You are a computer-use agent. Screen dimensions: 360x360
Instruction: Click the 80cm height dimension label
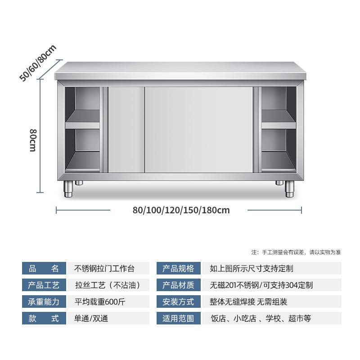[32, 140]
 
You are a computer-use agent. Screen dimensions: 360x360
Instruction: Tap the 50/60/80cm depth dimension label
[38, 63]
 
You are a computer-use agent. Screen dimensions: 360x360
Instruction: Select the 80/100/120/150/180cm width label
[181, 210]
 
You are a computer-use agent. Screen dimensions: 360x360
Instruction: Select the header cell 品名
[44, 269]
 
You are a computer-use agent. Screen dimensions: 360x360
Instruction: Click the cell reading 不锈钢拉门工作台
[104, 269]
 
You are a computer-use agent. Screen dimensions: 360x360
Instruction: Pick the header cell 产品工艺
[44, 285]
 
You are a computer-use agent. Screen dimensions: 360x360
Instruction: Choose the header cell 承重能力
[44, 302]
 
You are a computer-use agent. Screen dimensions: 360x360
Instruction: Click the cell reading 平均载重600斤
[99, 302]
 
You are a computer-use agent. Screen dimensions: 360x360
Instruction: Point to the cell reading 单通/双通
[91, 319]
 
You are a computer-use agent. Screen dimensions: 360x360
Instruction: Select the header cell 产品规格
[178, 269]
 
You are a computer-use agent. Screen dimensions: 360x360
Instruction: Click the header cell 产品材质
[178, 285]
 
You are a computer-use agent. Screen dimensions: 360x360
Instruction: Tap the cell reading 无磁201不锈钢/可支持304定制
[261, 285]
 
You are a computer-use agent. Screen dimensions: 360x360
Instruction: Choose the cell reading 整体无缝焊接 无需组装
[255, 302]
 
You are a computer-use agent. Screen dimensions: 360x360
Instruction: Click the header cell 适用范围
[178, 319]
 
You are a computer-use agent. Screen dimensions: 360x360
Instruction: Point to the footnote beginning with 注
[296, 252]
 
